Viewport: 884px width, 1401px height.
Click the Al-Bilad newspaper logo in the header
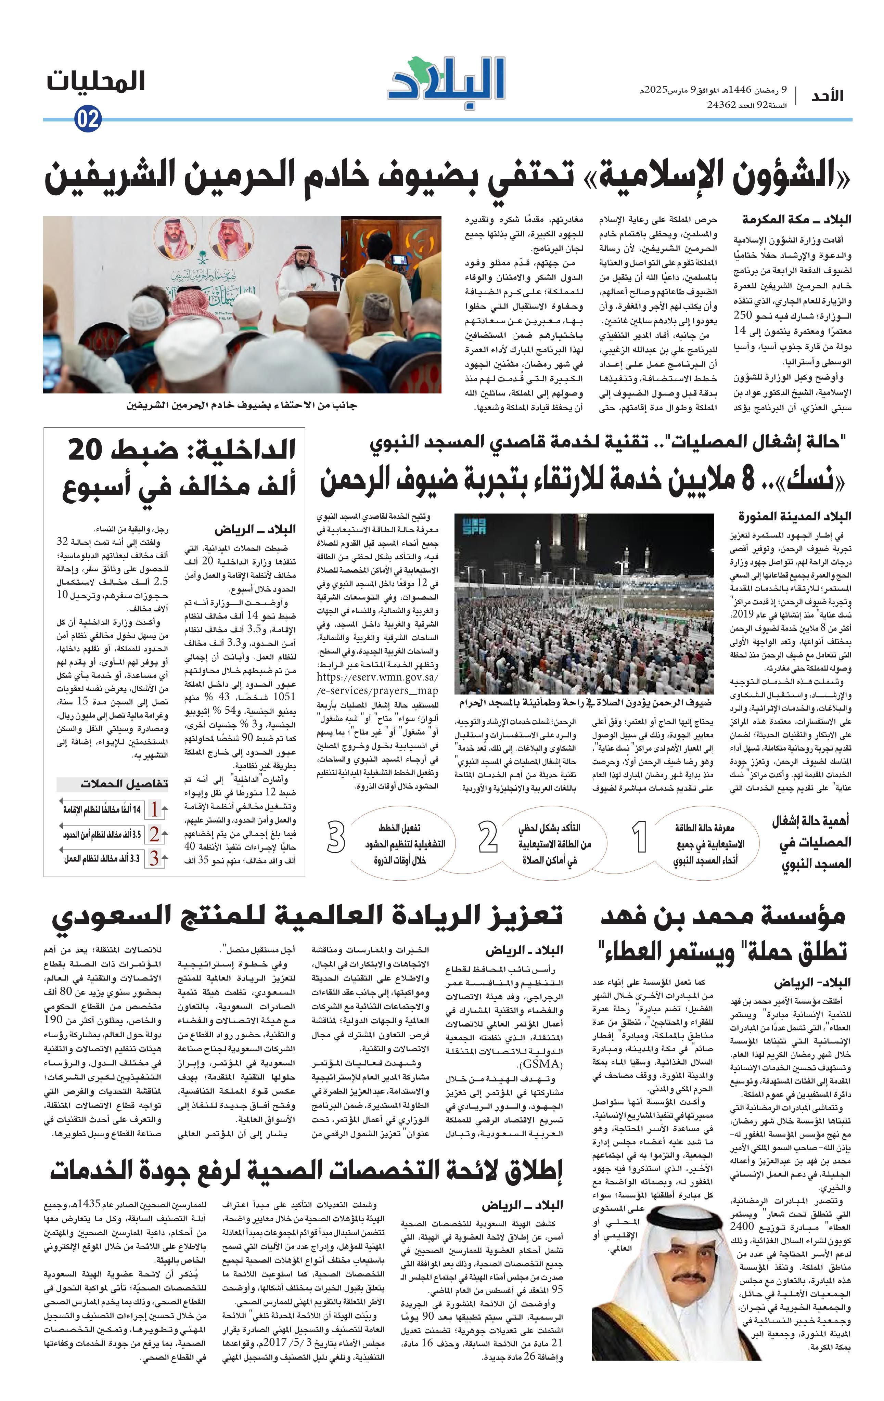pos(446,85)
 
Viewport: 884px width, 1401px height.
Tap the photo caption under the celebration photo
pos(242,405)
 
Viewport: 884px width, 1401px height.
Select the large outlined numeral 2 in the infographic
pos(488,839)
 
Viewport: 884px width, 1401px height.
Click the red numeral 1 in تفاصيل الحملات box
pos(154,809)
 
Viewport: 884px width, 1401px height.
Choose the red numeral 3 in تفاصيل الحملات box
pos(154,858)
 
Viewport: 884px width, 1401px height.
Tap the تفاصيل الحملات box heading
pos(124,784)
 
